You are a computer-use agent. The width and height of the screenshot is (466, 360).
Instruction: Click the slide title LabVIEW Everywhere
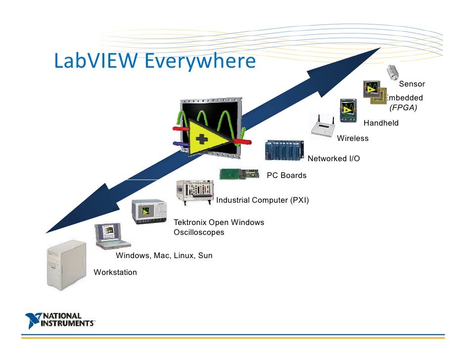click(154, 62)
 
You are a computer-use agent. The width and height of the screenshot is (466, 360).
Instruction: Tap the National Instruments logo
click(60, 320)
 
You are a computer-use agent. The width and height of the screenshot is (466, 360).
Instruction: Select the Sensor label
click(412, 84)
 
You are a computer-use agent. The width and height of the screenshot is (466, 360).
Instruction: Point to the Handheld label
click(381, 123)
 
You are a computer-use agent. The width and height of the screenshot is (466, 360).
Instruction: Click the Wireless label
click(353, 138)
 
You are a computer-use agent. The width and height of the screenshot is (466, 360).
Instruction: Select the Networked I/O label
click(333, 159)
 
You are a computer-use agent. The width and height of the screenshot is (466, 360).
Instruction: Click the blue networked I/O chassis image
click(284, 149)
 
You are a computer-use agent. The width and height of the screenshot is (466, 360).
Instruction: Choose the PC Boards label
click(286, 176)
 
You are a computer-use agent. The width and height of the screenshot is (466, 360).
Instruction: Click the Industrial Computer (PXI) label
click(262, 200)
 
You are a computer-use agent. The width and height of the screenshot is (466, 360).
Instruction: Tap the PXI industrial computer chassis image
click(194, 191)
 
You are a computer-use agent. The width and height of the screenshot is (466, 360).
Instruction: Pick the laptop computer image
click(111, 236)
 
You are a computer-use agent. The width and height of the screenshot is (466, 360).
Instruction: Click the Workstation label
click(115, 272)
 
